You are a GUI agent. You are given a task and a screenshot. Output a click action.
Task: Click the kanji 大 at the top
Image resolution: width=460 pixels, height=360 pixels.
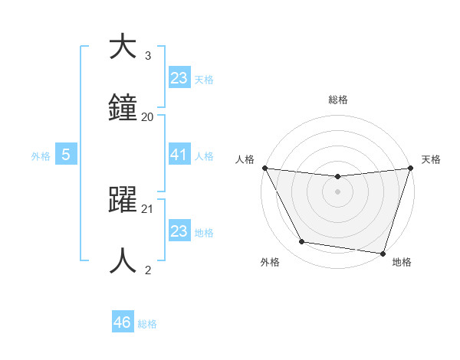(x=123, y=47)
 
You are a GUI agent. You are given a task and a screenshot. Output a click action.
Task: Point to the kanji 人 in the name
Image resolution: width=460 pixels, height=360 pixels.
(x=123, y=260)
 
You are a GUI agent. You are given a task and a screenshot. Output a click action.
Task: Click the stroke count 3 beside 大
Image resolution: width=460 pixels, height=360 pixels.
(x=148, y=56)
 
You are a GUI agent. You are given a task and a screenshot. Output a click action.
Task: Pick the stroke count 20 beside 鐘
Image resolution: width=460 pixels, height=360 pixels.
(x=148, y=116)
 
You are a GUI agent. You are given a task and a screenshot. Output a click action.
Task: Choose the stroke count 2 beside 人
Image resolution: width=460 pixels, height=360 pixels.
(x=148, y=270)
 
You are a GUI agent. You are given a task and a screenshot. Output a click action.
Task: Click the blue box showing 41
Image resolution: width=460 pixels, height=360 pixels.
(x=179, y=155)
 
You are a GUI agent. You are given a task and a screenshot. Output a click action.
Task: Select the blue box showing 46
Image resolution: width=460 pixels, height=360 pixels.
(x=123, y=322)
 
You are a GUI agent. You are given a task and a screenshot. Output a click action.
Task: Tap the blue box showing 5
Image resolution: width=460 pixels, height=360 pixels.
(x=66, y=155)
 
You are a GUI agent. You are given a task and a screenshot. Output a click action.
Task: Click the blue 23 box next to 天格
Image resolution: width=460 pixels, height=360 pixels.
(x=179, y=78)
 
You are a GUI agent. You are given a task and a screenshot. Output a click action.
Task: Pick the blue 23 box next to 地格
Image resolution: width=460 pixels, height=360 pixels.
(x=179, y=231)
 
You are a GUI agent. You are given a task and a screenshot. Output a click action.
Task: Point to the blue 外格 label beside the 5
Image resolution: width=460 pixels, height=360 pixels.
(x=41, y=155)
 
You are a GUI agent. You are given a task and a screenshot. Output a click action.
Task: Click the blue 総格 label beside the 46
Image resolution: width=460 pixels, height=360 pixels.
(x=147, y=324)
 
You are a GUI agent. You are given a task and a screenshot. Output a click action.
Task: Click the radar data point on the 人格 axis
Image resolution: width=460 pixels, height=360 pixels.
(x=265, y=168)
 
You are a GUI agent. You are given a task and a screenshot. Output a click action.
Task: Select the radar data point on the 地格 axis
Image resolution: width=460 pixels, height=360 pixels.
(x=383, y=253)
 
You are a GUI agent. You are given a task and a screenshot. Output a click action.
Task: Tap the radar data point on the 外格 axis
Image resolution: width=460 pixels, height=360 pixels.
(x=302, y=242)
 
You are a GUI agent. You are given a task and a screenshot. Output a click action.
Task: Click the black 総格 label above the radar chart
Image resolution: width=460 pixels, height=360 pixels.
(x=338, y=100)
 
